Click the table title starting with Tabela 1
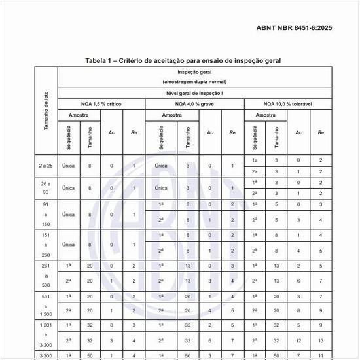point(183,60)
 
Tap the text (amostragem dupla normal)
point(192,82)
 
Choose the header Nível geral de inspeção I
point(192,93)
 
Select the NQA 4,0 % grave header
point(193,104)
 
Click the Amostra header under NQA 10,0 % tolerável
point(264,115)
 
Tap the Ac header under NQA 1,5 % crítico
point(112,132)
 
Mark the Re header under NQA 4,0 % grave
point(232,132)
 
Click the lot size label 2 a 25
point(46,166)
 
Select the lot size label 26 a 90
point(46,188)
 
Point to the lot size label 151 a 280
point(46,245)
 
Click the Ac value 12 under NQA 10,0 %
point(298,340)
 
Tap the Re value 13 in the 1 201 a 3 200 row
point(321,340)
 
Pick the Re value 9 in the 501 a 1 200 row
point(321,310)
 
